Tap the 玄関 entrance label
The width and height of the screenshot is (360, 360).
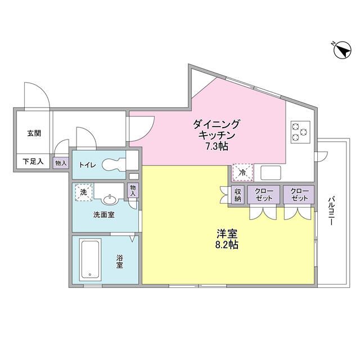click(33, 134)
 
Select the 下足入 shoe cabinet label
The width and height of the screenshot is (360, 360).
click(33, 162)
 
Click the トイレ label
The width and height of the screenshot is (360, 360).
click(87, 165)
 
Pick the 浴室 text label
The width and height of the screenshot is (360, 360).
click(120, 261)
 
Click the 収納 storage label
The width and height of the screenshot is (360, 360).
click(238, 195)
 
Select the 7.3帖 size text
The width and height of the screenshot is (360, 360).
click(217, 146)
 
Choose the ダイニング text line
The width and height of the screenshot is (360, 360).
click(217, 124)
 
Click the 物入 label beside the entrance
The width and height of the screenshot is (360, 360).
click(61, 163)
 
